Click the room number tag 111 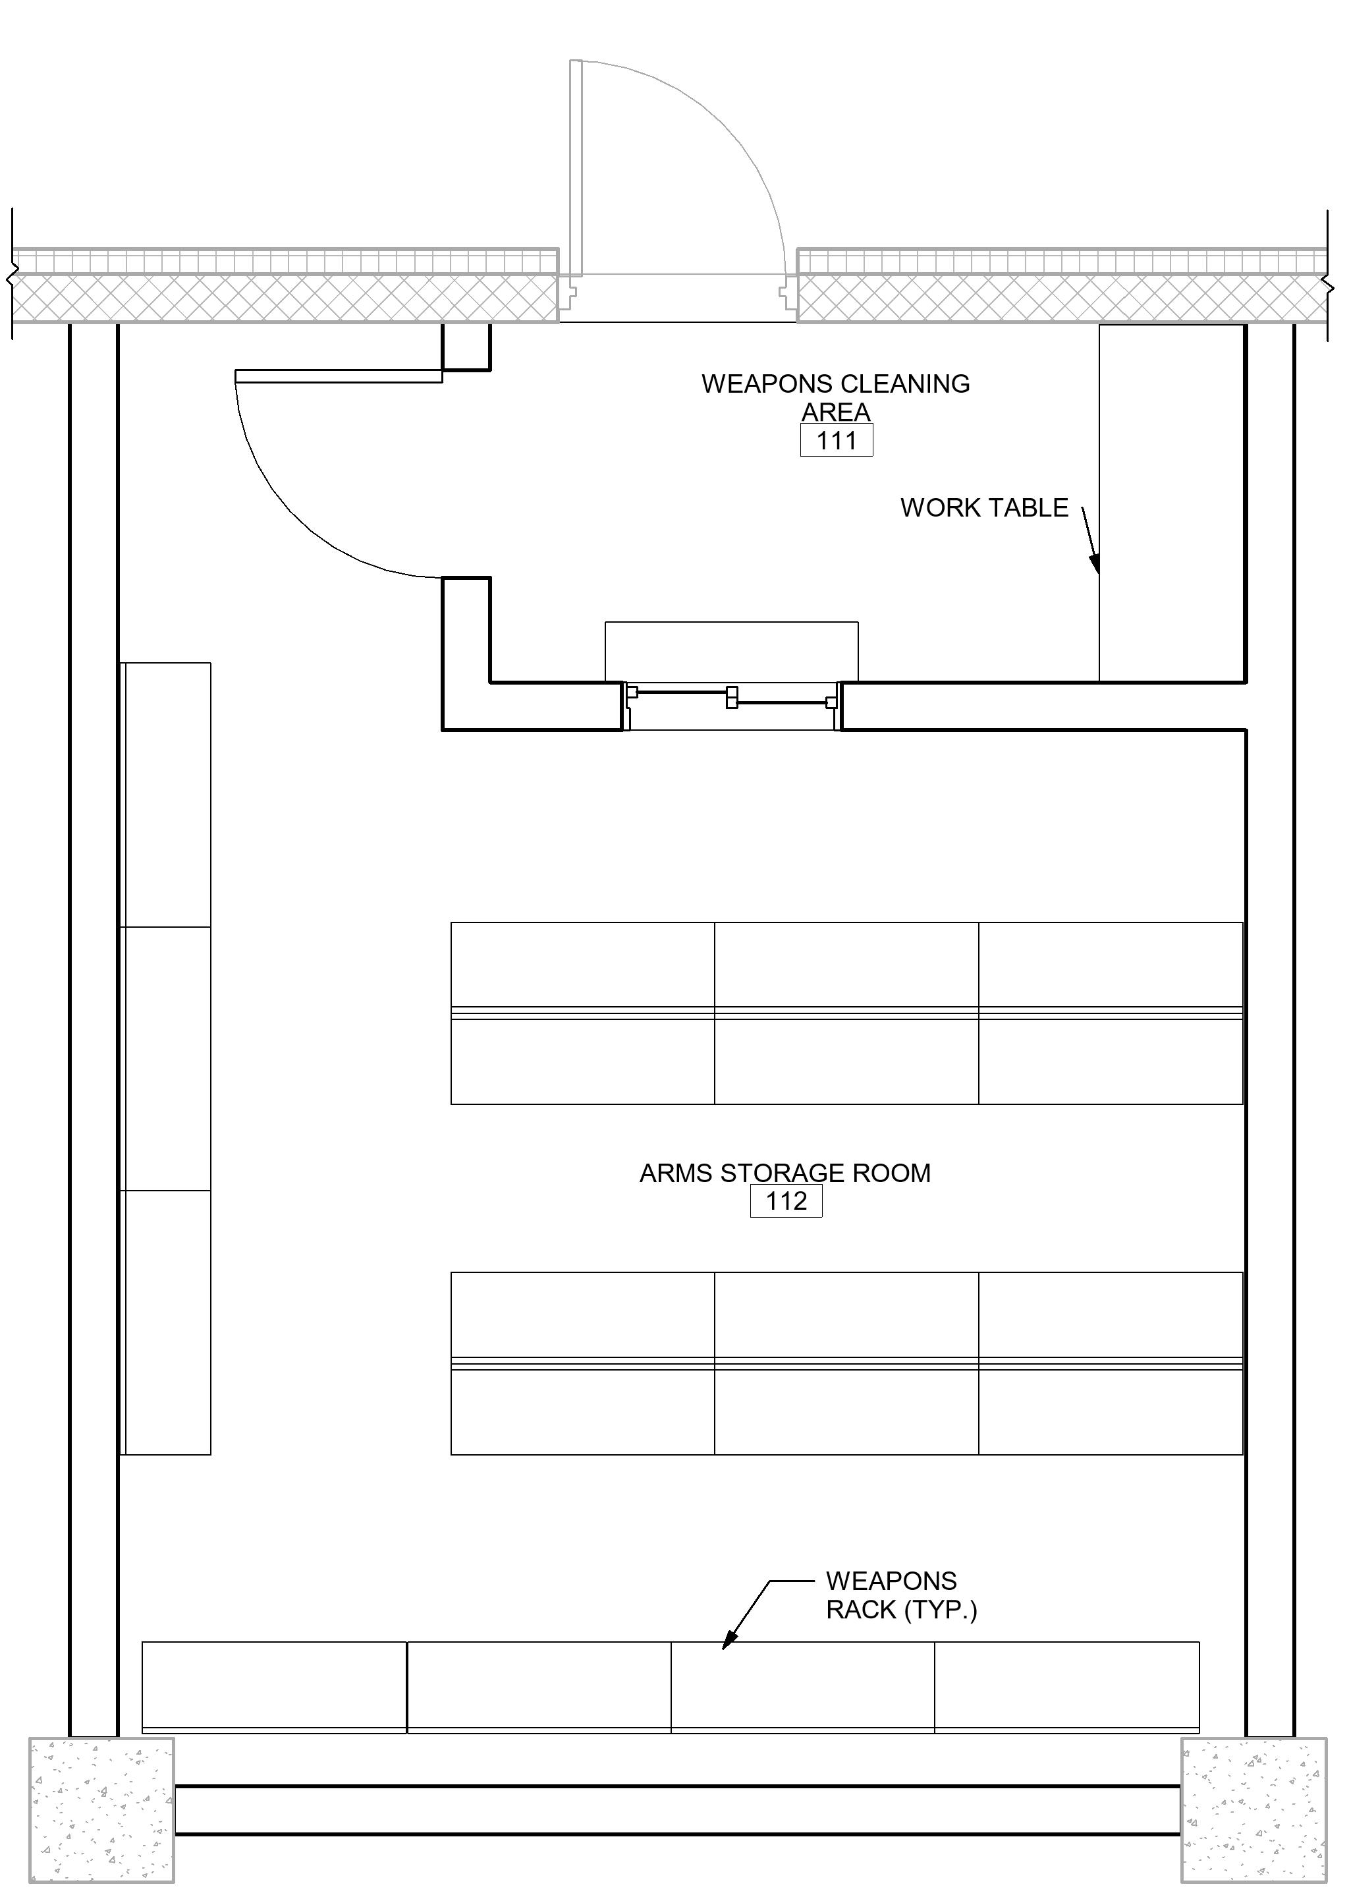[x=837, y=440]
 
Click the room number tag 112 [x=786, y=1201]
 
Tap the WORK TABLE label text [x=984, y=508]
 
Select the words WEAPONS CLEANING [x=836, y=384]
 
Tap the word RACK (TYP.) [x=901, y=1610]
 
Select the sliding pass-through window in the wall [x=732, y=706]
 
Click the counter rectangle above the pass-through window [x=732, y=652]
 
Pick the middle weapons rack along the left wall [x=166, y=1059]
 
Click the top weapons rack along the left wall [x=166, y=795]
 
